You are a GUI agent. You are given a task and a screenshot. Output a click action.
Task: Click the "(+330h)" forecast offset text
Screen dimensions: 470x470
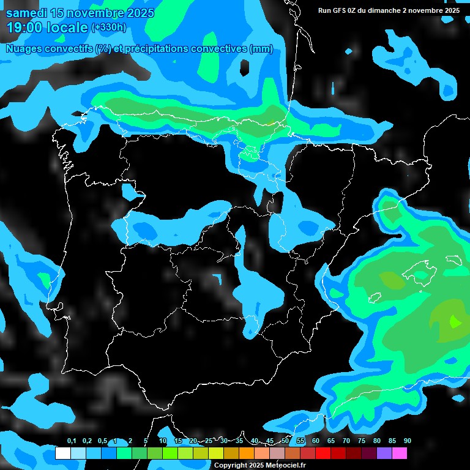coord(108,28)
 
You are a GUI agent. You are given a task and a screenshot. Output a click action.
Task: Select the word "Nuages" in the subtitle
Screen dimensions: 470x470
coord(24,49)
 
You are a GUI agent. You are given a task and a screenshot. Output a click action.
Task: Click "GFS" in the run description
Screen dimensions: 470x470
coord(340,10)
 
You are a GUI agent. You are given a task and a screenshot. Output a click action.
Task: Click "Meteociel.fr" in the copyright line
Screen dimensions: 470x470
coord(286,465)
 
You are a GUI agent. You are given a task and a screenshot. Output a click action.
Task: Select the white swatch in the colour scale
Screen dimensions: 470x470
coord(62,453)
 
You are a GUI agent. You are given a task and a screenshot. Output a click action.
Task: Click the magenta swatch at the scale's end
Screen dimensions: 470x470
coord(399,453)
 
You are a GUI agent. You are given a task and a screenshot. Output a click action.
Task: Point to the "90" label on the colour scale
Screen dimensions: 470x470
coord(407,441)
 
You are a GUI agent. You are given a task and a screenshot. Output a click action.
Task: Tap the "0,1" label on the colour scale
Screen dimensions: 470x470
coord(72,441)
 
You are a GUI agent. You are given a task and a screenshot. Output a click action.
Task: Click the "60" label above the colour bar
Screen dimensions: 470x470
coord(315,441)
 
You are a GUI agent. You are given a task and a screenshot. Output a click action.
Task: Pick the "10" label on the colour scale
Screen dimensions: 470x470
coord(163,441)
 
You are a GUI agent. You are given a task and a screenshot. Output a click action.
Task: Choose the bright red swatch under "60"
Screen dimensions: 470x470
coord(323,453)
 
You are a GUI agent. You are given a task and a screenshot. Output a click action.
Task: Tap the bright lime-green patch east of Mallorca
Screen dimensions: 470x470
coord(455,320)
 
